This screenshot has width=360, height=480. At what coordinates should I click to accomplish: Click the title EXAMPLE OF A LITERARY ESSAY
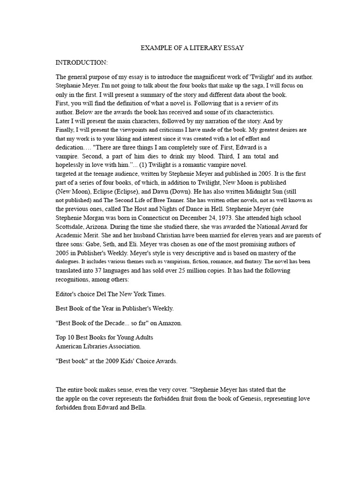tap(192, 48)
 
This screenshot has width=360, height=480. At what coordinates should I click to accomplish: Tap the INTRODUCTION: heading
tap(82, 62)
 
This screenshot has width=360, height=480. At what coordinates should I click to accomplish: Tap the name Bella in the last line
tap(137, 407)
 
